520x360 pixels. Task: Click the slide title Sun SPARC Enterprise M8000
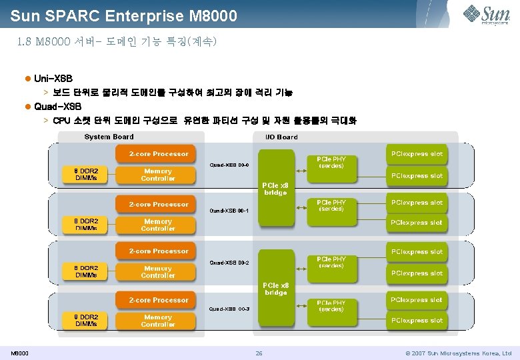click(x=123, y=15)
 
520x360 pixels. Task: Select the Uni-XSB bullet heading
click(x=53, y=79)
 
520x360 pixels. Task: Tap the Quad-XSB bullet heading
click(x=57, y=106)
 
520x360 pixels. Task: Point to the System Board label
click(x=109, y=137)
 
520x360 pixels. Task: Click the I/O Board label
click(x=282, y=137)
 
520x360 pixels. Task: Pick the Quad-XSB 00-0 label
click(x=229, y=165)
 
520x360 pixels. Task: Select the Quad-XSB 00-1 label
click(x=229, y=211)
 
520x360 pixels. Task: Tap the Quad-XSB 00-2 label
click(x=229, y=262)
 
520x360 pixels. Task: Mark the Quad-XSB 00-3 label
click(x=229, y=309)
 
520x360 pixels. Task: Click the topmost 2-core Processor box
click(x=159, y=154)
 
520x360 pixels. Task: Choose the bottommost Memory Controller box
click(x=158, y=321)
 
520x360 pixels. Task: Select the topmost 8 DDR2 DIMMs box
click(x=86, y=175)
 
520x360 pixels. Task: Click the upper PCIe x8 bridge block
click(x=275, y=188)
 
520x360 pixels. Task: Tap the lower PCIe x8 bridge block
click(x=275, y=288)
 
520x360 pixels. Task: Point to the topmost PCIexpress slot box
click(x=417, y=154)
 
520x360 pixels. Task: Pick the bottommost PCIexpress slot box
click(x=417, y=321)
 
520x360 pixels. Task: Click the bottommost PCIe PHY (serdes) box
click(x=331, y=305)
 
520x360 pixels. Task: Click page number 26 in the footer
click(x=259, y=353)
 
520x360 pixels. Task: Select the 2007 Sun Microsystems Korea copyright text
click(x=458, y=353)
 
